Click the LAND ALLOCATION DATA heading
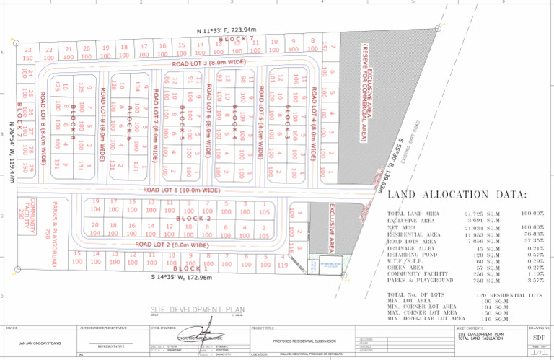coord(457,196)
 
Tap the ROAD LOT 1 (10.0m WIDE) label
coord(181,190)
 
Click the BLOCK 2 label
coord(193,218)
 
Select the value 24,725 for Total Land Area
coord(479,214)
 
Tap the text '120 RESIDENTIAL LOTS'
coord(509,296)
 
